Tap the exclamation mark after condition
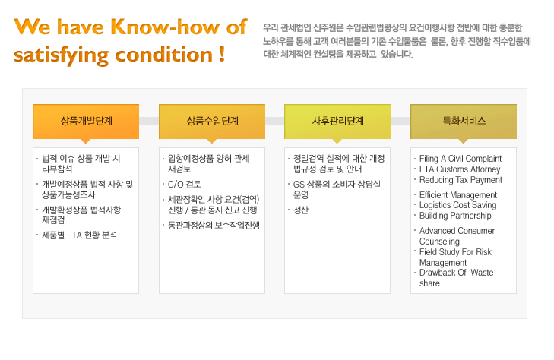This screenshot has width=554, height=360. pos(222,54)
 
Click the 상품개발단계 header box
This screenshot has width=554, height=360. pos(86,122)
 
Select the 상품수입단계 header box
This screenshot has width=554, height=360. pos(212,122)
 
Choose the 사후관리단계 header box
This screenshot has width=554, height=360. pos(337,122)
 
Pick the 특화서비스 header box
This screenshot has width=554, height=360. pos(464,122)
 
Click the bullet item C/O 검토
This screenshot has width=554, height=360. pos(184,185)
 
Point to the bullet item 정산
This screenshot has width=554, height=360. pos(301,210)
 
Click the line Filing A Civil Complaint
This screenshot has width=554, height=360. pos(461,159)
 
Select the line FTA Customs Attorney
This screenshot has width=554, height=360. pos(460,169)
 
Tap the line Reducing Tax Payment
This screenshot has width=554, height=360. pos(461,180)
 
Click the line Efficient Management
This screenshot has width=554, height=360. pos(458,195)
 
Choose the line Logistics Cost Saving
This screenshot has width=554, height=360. pos(458,205)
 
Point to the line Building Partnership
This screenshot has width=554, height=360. pos(455,216)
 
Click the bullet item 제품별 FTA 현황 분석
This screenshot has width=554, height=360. pos(79,235)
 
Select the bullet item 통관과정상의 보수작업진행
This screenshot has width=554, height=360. pos(214,225)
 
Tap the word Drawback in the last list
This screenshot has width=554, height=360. pos(438,273)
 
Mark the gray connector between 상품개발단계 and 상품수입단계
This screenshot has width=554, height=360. pos(149,121)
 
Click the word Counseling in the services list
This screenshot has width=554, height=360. pos(439,242)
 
